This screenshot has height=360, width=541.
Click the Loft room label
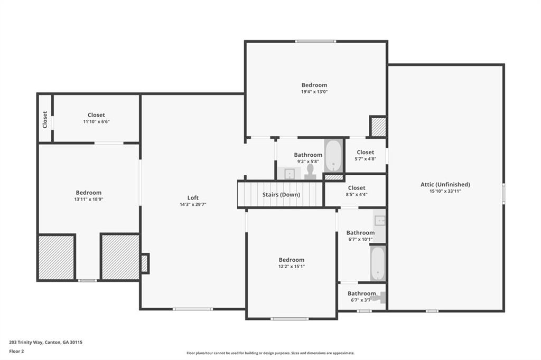pos(193,198)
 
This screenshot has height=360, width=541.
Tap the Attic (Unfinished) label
pos(445,184)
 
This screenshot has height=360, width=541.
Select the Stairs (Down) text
pos(281,194)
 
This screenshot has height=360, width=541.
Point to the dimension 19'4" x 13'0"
pos(314,91)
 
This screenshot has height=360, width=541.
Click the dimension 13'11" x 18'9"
pos(88,200)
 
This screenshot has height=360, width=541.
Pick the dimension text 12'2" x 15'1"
pos(292,267)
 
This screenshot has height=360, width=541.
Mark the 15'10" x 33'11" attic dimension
pos(445,191)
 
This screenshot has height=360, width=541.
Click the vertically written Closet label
pos(45,119)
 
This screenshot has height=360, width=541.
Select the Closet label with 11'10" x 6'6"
pos(96,115)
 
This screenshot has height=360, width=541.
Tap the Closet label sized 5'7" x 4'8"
pos(365,152)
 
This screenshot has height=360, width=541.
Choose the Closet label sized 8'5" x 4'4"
pos(357,187)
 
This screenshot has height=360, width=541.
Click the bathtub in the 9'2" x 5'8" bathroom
pos(333,155)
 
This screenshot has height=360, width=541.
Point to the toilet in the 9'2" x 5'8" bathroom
pos(310,171)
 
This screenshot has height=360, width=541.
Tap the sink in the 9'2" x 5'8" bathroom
pos(288,173)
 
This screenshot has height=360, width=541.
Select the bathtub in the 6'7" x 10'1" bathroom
pos(378,263)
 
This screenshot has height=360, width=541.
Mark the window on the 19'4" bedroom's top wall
pos(315,41)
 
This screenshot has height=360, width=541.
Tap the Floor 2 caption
pos(16,350)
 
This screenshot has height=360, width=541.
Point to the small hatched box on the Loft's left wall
pos(144,263)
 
